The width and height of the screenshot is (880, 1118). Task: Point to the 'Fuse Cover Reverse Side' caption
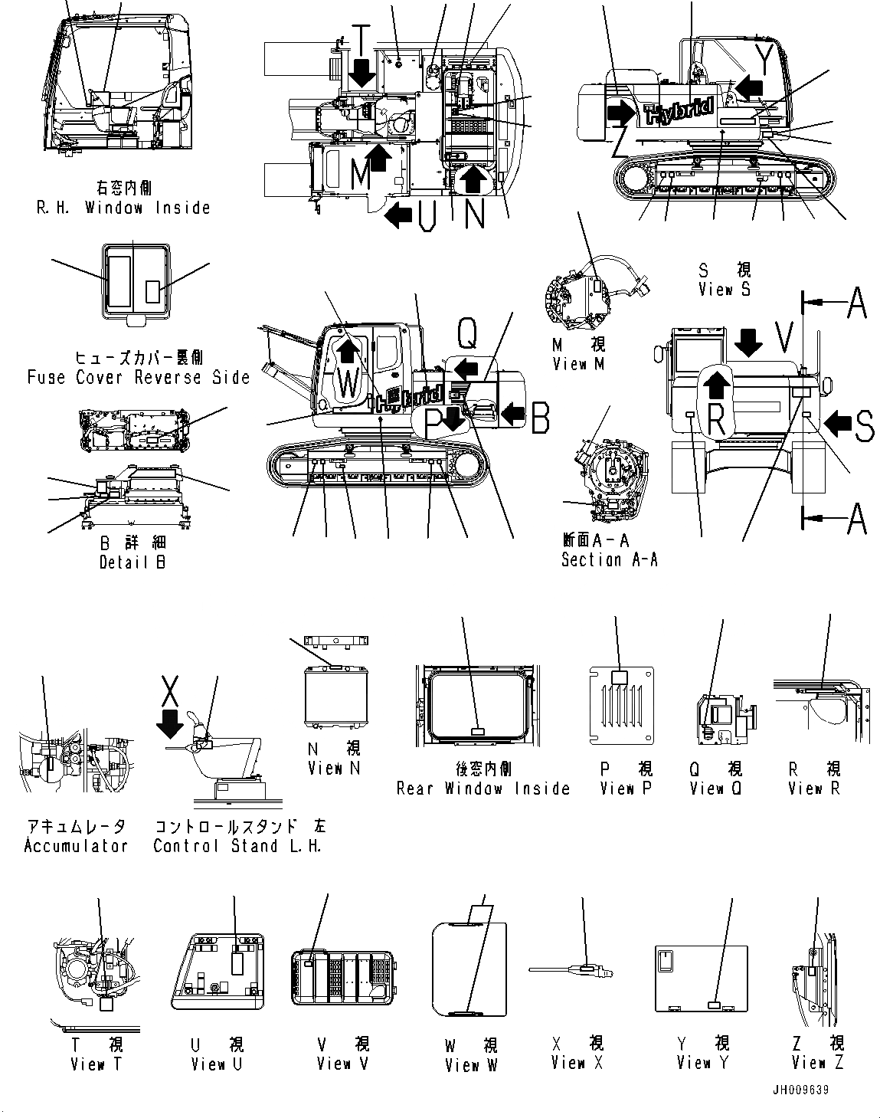click(139, 377)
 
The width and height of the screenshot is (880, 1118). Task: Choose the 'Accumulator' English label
click(76, 846)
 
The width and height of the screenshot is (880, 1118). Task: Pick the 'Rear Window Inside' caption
click(483, 789)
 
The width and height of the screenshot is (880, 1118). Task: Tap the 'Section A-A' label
click(609, 560)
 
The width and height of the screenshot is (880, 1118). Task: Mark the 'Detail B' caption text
click(133, 562)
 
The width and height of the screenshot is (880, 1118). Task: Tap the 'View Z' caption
click(819, 1063)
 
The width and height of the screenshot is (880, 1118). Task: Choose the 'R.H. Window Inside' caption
click(123, 208)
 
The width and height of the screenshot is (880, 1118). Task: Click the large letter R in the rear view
click(715, 419)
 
